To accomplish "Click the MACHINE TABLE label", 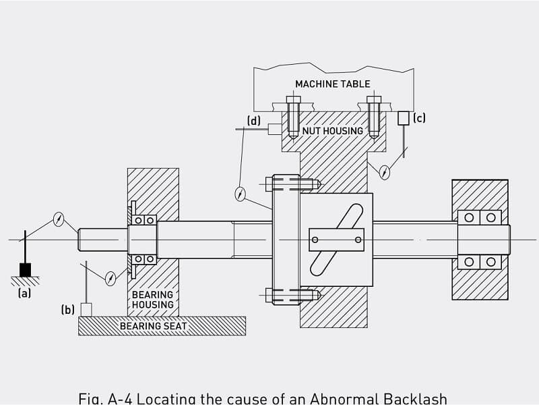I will (333, 84).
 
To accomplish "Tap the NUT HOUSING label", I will (333, 130).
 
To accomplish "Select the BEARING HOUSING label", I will (152, 300).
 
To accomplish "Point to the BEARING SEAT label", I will (154, 326).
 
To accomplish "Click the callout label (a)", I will (25, 294).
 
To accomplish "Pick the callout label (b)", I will (67, 310).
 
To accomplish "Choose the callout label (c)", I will (419, 118).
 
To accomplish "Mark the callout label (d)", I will (253, 121).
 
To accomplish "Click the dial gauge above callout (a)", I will (59, 219).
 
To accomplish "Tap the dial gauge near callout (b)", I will (110, 277).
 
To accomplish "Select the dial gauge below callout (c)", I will (384, 171).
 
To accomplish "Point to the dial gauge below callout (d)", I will (240, 194).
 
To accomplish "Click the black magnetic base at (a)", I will (25, 269).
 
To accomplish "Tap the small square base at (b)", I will (86, 309).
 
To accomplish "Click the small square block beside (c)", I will (404, 118).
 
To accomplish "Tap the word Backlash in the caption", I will (413, 398).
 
